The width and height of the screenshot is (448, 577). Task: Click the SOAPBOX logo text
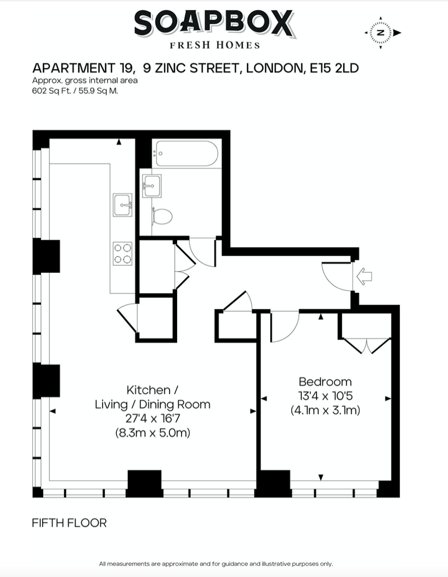(x=215, y=24)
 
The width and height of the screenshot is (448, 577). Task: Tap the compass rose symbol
(x=382, y=33)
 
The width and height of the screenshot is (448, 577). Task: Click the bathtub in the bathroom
(x=186, y=154)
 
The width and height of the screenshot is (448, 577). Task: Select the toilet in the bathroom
(x=162, y=216)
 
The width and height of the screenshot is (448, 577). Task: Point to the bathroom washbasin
(x=152, y=186)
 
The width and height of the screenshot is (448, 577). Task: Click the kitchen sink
(x=122, y=205)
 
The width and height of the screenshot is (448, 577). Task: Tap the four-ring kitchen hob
(x=122, y=254)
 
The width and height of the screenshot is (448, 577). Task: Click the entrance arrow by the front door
(x=364, y=276)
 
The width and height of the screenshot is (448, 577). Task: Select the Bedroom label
(x=325, y=382)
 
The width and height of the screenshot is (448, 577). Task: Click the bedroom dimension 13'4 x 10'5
(x=325, y=396)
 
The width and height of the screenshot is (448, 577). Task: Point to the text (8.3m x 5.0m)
(x=152, y=433)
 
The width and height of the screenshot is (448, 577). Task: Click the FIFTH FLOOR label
(x=69, y=523)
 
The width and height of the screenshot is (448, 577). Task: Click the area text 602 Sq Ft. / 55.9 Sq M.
(x=75, y=91)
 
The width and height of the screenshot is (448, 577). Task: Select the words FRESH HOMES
(x=214, y=45)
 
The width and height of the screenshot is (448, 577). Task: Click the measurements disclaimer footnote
(x=216, y=564)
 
